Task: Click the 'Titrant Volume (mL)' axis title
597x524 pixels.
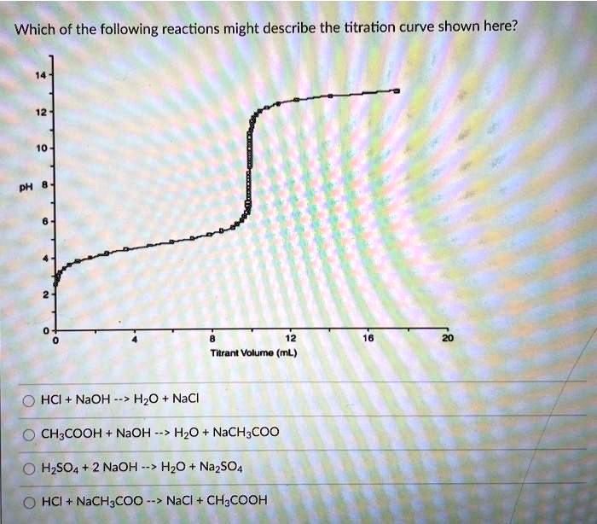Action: (249, 352)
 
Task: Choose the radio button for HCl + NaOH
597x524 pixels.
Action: (28, 400)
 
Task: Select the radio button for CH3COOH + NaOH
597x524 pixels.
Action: (28, 432)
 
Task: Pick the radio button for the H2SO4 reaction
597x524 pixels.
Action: (28, 467)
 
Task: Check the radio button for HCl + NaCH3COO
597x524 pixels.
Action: (28, 500)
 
